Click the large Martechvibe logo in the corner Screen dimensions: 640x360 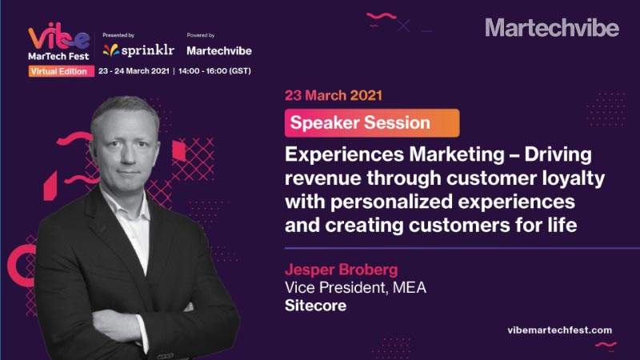tap(552, 28)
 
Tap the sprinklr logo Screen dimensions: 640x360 tap(138, 50)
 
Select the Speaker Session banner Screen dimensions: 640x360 tap(372, 123)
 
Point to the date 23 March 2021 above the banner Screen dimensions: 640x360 tap(334, 95)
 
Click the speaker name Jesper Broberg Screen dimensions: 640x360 tap(342, 270)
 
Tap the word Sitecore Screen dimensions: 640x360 tap(315, 306)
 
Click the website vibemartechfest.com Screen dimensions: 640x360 tap(559, 330)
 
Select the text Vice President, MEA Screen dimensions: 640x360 tap(355, 288)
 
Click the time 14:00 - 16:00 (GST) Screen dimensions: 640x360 tap(214, 71)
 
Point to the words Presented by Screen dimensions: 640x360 tap(118, 35)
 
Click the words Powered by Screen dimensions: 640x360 tap(201, 35)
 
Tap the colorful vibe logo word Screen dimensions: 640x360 tap(58, 36)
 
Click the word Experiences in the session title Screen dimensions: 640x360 tap(345, 155)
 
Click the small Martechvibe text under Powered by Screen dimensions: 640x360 tap(219, 50)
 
